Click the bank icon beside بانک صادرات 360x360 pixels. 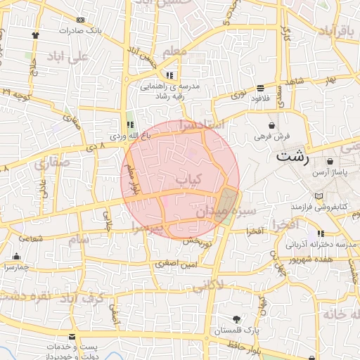[80, 20]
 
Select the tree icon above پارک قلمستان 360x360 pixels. [236, 319]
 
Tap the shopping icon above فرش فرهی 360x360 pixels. [271, 125]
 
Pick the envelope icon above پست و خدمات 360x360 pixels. [72, 337]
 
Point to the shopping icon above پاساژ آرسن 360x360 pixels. [330, 162]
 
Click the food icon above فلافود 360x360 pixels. [260, 88]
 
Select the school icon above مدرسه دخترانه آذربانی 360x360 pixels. [321, 233]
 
